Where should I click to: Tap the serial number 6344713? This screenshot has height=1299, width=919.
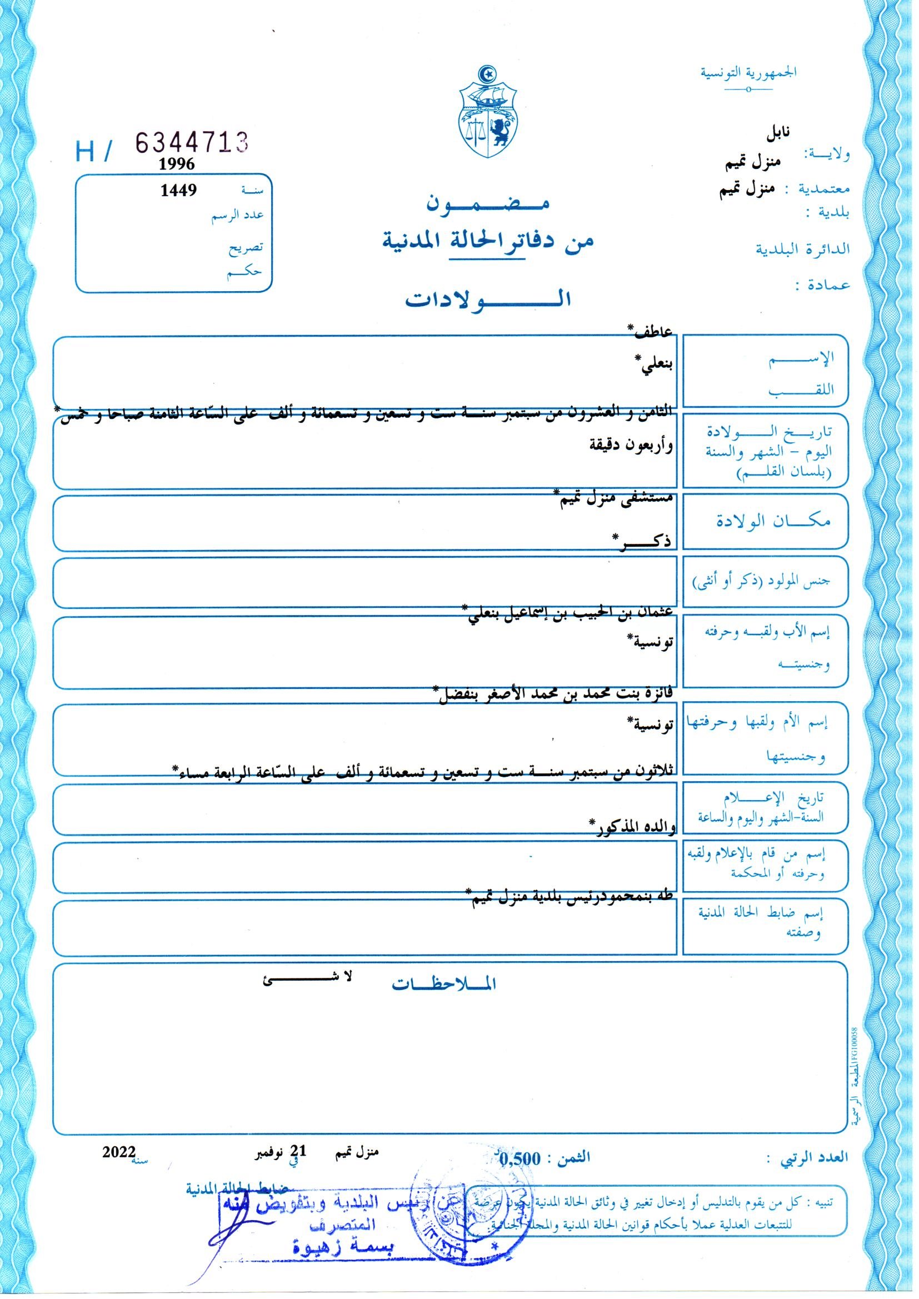coord(192,143)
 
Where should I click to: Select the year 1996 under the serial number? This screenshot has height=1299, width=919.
coord(177,164)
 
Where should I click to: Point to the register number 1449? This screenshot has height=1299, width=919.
coord(178,190)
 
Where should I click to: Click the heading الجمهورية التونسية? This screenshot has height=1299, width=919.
coord(748,73)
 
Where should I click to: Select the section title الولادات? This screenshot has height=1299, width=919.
coord(487,300)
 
